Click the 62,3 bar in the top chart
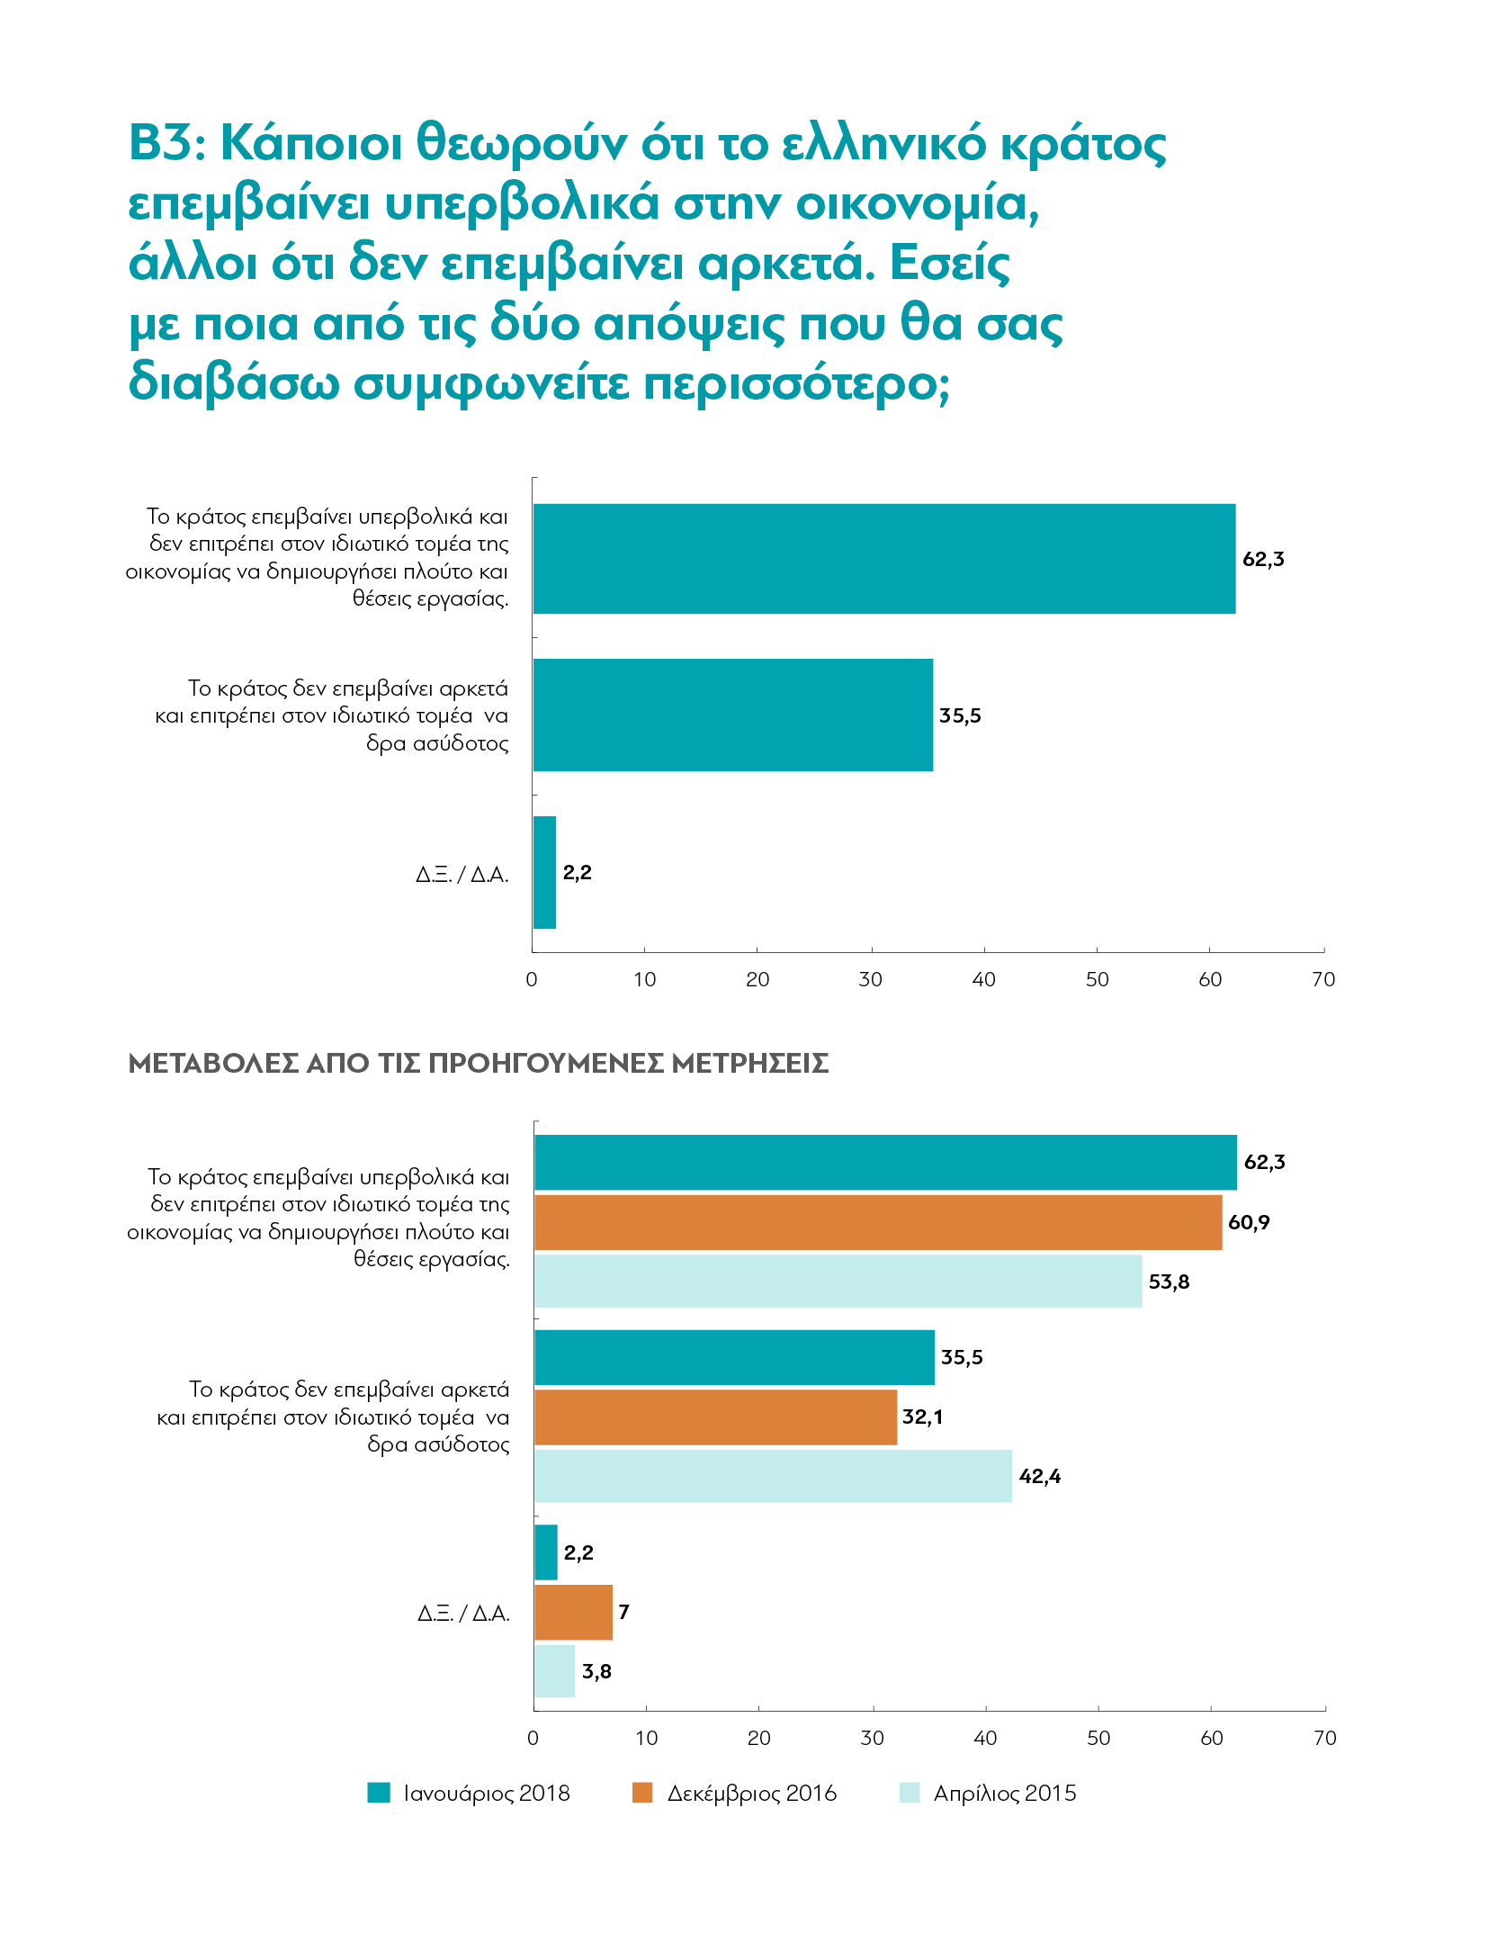(x=883, y=559)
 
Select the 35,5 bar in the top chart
(x=732, y=715)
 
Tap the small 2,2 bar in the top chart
(x=544, y=872)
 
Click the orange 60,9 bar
(x=878, y=1222)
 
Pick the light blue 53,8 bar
(x=838, y=1282)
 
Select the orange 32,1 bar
(x=715, y=1417)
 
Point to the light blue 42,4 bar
(x=773, y=1476)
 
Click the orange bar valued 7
(x=573, y=1613)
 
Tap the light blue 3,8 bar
(x=554, y=1671)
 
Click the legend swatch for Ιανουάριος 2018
(x=379, y=1793)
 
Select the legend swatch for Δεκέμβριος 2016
(x=642, y=1793)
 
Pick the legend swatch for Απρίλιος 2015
(x=910, y=1793)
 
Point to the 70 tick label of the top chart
(x=1323, y=979)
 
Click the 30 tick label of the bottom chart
(x=872, y=1738)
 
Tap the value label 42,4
(x=1040, y=1476)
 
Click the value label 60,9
(x=1249, y=1222)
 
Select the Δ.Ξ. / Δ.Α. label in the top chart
(x=462, y=874)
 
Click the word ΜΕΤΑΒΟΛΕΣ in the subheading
(x=213, y=1063)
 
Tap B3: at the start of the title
(x=168, y=143)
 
